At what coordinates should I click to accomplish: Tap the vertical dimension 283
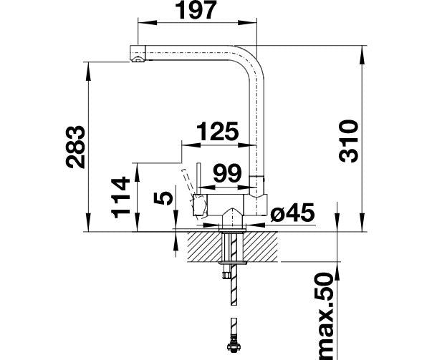[x=75, y=146]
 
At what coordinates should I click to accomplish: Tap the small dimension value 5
[x=165, y=198]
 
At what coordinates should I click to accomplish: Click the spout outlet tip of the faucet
[x=136, y=54]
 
